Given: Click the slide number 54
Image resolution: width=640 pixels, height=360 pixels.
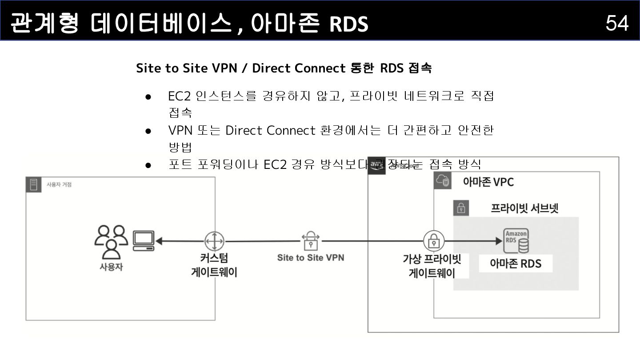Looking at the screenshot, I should [617, 23].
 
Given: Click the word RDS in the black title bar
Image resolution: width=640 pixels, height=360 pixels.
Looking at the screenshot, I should [349, 24].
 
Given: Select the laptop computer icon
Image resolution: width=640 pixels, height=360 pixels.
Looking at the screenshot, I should [144, 241].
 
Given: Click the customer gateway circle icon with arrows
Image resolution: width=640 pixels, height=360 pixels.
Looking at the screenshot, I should [214, 241].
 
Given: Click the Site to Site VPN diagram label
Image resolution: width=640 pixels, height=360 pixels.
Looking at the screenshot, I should [310, 257].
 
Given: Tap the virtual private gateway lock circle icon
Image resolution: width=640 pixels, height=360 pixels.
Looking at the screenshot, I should [433, 241].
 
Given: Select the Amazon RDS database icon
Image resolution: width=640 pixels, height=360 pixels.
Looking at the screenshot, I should [516, 240].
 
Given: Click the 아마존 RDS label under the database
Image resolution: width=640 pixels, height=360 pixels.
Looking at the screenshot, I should [516, 264].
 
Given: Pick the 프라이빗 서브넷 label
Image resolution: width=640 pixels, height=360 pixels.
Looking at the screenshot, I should [524, 208].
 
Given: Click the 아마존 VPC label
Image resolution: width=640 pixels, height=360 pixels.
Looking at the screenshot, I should [488, 182].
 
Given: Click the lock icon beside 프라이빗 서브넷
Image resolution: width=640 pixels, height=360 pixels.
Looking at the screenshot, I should [461, 208].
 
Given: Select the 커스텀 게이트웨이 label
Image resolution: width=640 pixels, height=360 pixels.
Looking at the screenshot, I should [214, 265].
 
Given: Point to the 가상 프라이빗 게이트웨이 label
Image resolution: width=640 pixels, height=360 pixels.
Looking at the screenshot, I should [432, 266].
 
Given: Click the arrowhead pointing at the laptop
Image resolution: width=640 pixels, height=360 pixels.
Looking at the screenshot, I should [159, 241].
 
